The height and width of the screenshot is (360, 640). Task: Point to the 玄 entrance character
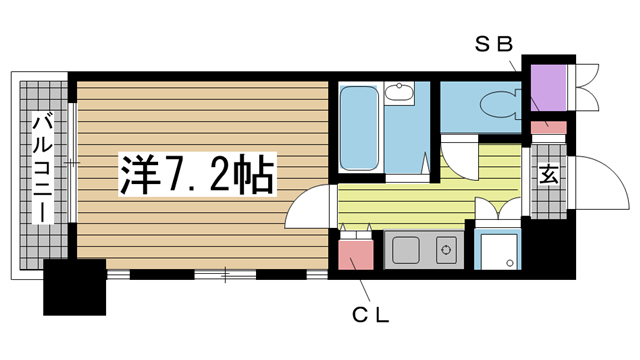point(549,177)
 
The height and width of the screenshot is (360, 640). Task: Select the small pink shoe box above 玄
point(547,127)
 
